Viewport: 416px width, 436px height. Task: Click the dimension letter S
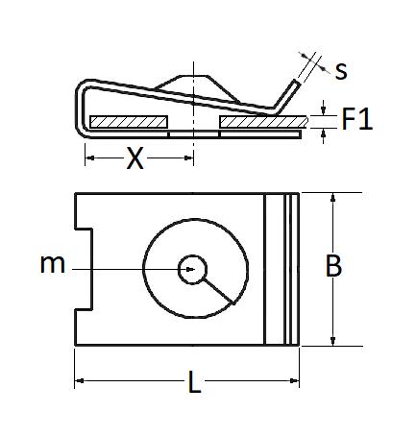coord(341,71)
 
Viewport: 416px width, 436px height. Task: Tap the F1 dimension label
coord(357,119)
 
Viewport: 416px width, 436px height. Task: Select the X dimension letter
coord(135,157)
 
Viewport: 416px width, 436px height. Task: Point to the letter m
coord(53,264)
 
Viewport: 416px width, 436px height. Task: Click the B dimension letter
coord(333,265)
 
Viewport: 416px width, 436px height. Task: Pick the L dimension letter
coord(194,381)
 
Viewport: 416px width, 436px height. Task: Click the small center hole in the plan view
coord(192,270)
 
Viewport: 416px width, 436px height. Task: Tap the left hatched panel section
coord(129,122)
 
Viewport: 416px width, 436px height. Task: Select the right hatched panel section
coord(264,122)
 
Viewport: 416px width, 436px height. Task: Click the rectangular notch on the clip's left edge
coord(84,269)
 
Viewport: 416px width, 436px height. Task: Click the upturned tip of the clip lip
coord(297,83)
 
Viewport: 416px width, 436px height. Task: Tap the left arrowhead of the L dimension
coord(80,380)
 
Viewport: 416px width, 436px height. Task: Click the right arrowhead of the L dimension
coord(294,380)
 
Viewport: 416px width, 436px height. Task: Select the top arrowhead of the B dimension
coord(333,197)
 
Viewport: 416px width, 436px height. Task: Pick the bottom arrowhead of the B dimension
coord(333,341)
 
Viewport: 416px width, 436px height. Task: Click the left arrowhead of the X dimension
coord(90,157)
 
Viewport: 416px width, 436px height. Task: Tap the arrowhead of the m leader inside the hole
coord(190,270)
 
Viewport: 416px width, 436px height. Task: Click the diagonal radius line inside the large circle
coord(218,291)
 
